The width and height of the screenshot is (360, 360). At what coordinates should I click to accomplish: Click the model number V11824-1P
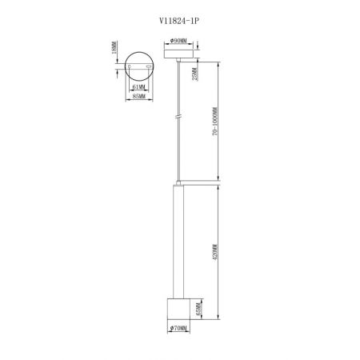(179, 21)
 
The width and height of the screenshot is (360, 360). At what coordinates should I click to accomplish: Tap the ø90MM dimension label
(178, 41)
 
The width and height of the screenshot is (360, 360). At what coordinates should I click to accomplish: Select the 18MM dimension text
(114, 47)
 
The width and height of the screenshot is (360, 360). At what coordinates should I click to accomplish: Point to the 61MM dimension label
(138, 87)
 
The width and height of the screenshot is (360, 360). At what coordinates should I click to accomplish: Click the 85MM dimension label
(139, 96)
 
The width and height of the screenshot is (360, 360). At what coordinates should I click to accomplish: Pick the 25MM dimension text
(195, 74)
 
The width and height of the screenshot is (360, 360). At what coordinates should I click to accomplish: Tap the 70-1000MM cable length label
(215, 122)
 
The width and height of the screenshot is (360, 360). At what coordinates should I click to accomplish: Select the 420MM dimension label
(215, 252)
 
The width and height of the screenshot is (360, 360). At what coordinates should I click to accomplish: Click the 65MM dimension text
(198, 309)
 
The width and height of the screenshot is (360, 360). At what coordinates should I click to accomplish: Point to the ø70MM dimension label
(178, 328)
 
